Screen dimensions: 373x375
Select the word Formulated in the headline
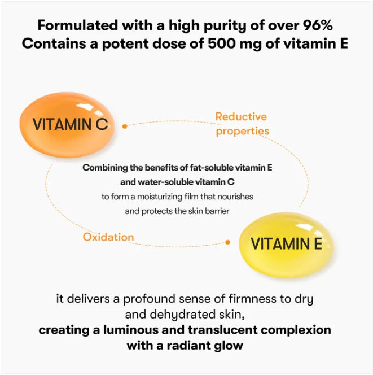(78, 25)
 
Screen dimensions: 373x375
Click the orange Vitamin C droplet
(67, 125)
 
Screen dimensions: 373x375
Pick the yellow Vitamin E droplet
(286, 245)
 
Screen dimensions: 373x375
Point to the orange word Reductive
(241, 117)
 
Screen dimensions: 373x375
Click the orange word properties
(243, 131)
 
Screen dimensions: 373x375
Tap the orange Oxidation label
(108, 237)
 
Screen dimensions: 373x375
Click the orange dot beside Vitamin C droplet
(125, 127)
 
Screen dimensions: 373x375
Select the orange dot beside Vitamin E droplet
(228, 242)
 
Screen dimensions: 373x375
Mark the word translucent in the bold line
(223, 330)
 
